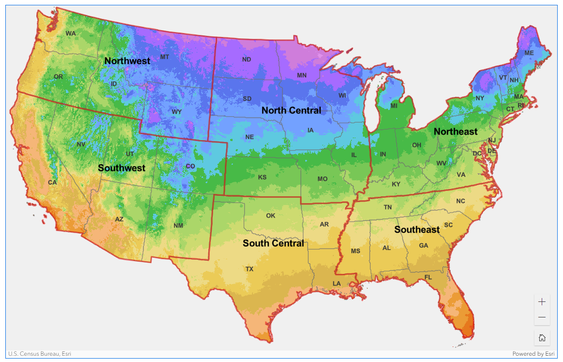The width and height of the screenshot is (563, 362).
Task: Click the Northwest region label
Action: coord(127,61)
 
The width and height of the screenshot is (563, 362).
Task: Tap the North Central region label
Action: coord(291,110)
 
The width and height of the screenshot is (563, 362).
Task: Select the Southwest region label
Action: coord(122,168)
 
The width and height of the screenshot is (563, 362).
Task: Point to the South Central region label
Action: coord(273,243)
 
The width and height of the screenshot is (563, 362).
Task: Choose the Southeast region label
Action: coord(417,230)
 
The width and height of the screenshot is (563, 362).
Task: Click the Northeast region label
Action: coord(455,132)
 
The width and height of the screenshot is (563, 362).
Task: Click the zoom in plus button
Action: coord(542,301)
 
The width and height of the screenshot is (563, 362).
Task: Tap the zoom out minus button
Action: coord(542,317)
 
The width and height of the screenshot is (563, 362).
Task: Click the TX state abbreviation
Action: coord(249,269)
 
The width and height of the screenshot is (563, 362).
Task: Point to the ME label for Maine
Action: coord(529,53)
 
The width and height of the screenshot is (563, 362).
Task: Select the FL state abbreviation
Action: coord(428,277)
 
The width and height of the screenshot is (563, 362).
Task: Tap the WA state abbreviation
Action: coord(71,33)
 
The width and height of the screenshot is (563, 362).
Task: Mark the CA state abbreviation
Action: coord(52,183)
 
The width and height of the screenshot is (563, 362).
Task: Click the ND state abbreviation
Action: coord(247,60)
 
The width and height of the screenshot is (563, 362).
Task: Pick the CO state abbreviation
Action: coord(190,166)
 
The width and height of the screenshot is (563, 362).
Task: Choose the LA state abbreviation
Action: coord(336,283)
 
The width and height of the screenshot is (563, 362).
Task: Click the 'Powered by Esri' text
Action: coord(533,354)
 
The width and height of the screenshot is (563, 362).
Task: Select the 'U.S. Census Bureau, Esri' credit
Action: coord(39,354)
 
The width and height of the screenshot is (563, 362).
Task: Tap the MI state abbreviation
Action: coord(394,106)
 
